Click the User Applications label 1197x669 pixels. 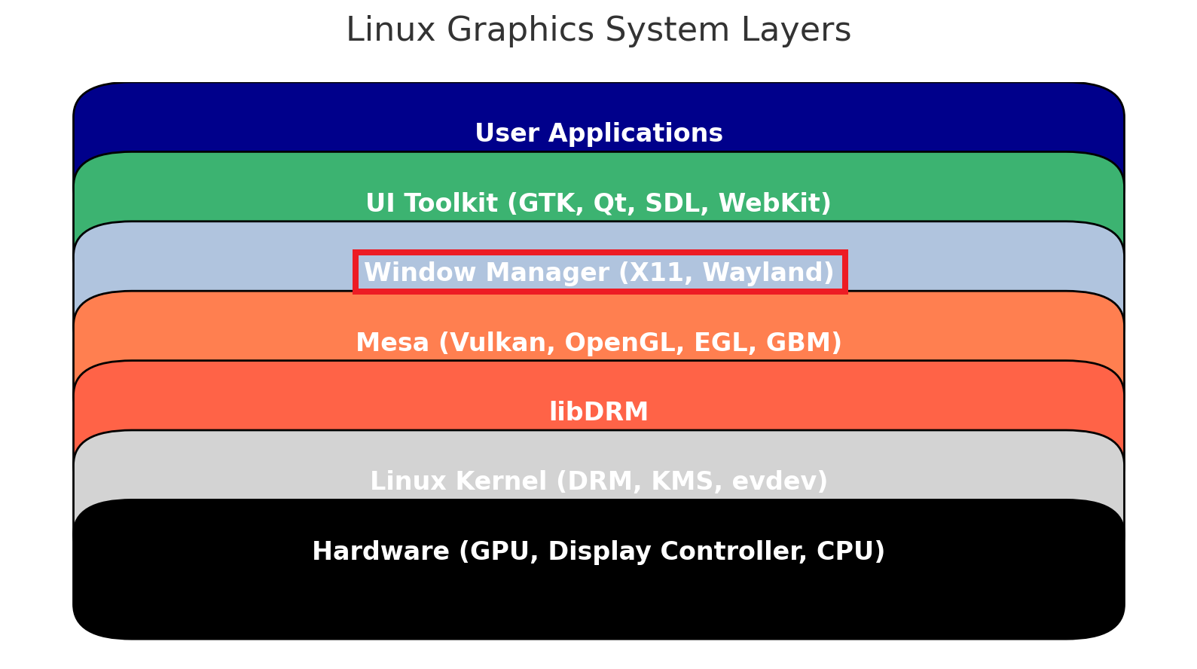tap(598, 133)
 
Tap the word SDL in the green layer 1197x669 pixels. tap(676, 203)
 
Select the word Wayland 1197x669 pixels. tap(762, 273)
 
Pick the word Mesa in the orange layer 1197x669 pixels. tap(392, 343)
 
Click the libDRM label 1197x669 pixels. tap(598, 412)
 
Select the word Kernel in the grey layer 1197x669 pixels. tap(501, 481)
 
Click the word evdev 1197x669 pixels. tap(774, 481)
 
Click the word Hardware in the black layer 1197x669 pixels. tap(380, 551)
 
